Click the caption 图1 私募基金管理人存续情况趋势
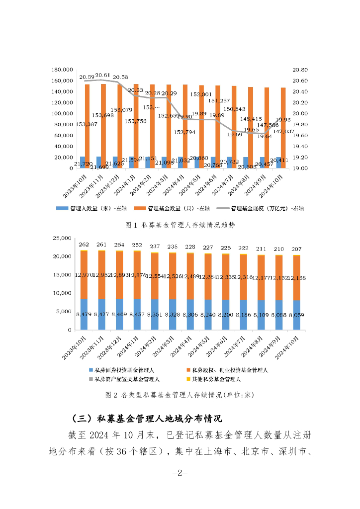click(180, 225)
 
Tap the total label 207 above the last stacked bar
click(296, 249)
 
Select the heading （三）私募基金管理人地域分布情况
click(146, 417)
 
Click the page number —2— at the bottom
click(180, 473)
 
